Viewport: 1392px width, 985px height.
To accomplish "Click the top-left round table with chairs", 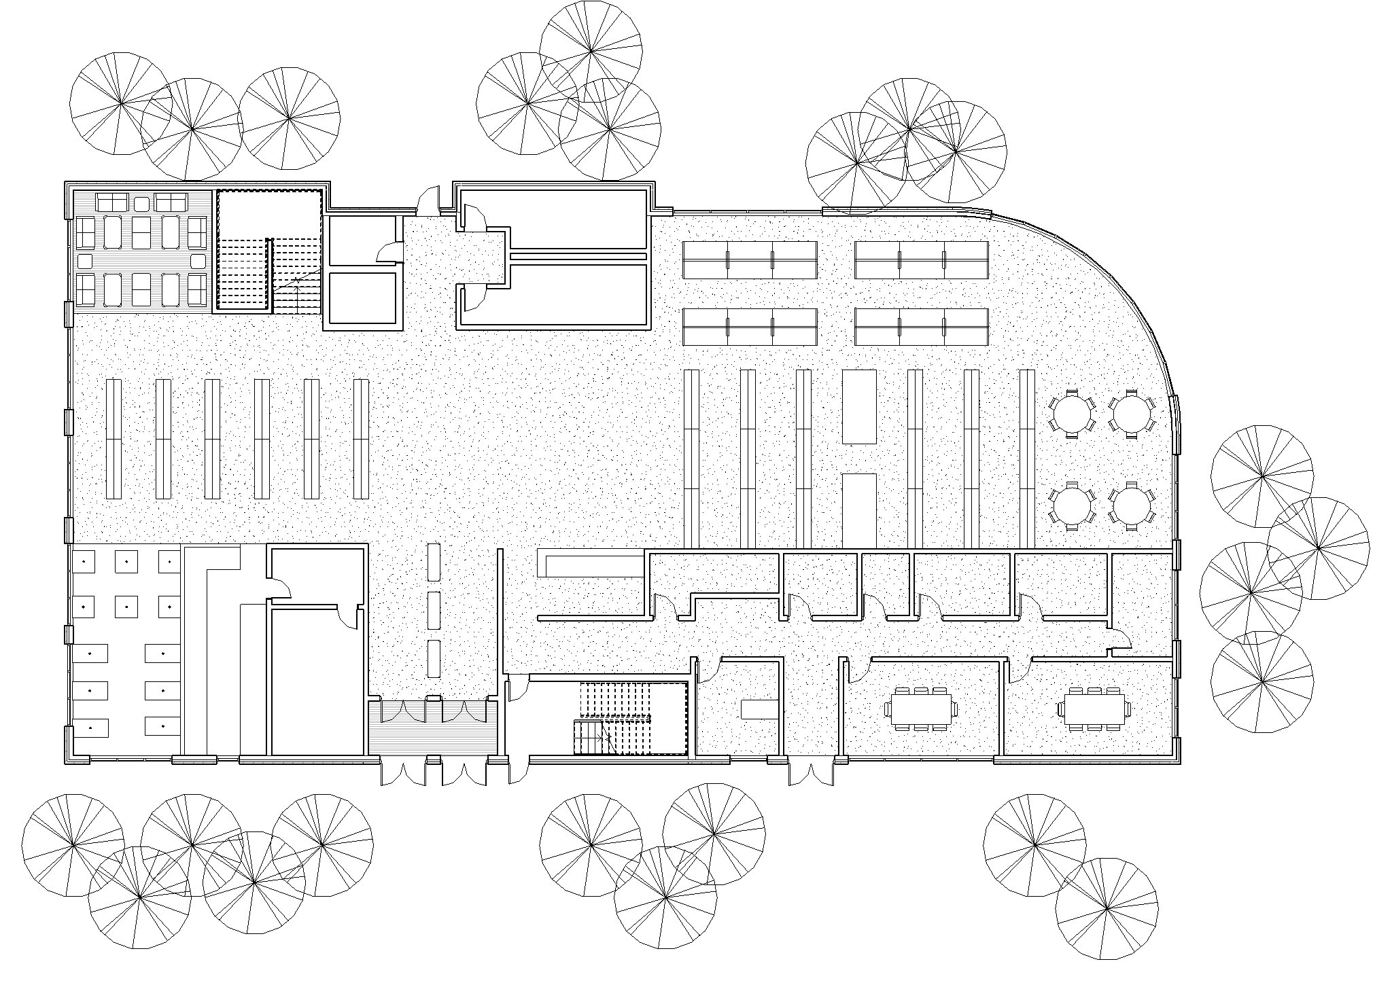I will [x=1073, y=412].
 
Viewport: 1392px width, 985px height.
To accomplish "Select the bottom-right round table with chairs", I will [x=1132, y=505].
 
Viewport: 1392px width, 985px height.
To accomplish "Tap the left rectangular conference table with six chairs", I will [x=920, y=709].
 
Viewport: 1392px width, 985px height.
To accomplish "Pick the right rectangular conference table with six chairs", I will [x=1094, y=709].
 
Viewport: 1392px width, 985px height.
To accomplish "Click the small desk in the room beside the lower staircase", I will [x=759, y=709].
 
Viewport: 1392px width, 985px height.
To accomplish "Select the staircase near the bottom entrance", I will [x=631, y=719].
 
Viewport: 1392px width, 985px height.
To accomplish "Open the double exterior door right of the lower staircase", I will [x=811, y=774].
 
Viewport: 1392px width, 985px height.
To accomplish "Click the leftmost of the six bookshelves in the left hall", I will [x=114, y=440].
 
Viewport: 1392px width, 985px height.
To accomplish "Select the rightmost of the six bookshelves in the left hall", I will [x=361, y=440].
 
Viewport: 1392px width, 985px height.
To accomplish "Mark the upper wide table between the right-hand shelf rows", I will [x=859, y=406].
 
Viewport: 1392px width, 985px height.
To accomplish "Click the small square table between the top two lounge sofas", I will [x=141, y=203].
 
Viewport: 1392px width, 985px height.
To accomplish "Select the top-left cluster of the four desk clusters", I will [x=749, y=259].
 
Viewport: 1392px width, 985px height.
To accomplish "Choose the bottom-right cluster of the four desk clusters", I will [x=921, y=327].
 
